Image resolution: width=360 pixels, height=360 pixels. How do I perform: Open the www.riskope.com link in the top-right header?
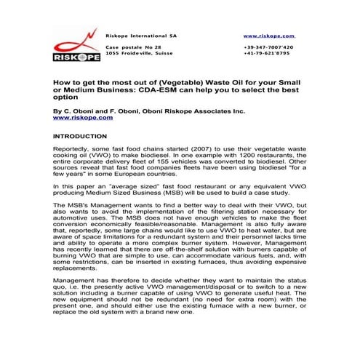click(268, 35)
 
